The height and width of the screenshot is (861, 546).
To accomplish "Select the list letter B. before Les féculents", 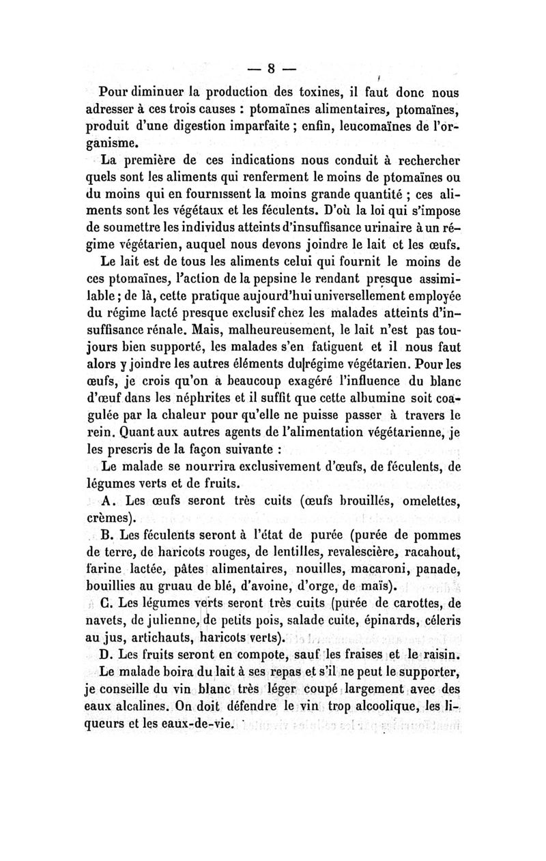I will [x=107, y=538].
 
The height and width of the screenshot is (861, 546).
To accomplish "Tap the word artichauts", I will [x=150, y=639].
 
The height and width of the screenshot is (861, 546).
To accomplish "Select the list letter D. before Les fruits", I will [x=106, y=655].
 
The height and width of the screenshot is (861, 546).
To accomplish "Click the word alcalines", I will [x=139, y=708].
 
